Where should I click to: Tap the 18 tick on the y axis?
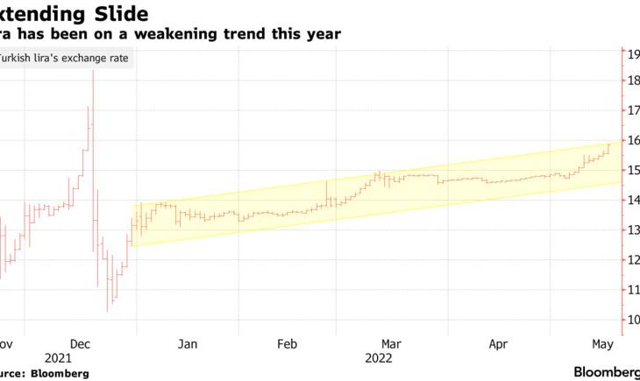click(x=630, y=81)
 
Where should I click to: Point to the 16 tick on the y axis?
click(x=630, y=140)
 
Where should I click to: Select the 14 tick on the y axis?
click(x=630, y=201)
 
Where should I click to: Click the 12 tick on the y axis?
click(x=630, y=260)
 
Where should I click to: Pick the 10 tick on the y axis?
click(x=630, y=320)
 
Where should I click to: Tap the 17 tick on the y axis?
click(x=630, y=110)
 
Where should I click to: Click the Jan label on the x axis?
click(x=187, y=344)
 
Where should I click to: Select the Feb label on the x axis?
click(x=288, y=344)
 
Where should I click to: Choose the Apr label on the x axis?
click(x=497, y=344)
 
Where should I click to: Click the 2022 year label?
click(x=379, y=358)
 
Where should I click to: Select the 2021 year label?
click(x=58, y=358)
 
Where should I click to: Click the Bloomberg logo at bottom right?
click(x=606, y=371)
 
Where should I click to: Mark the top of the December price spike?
click(x=93, y=71)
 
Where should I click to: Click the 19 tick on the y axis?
click(x=630, y=53)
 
